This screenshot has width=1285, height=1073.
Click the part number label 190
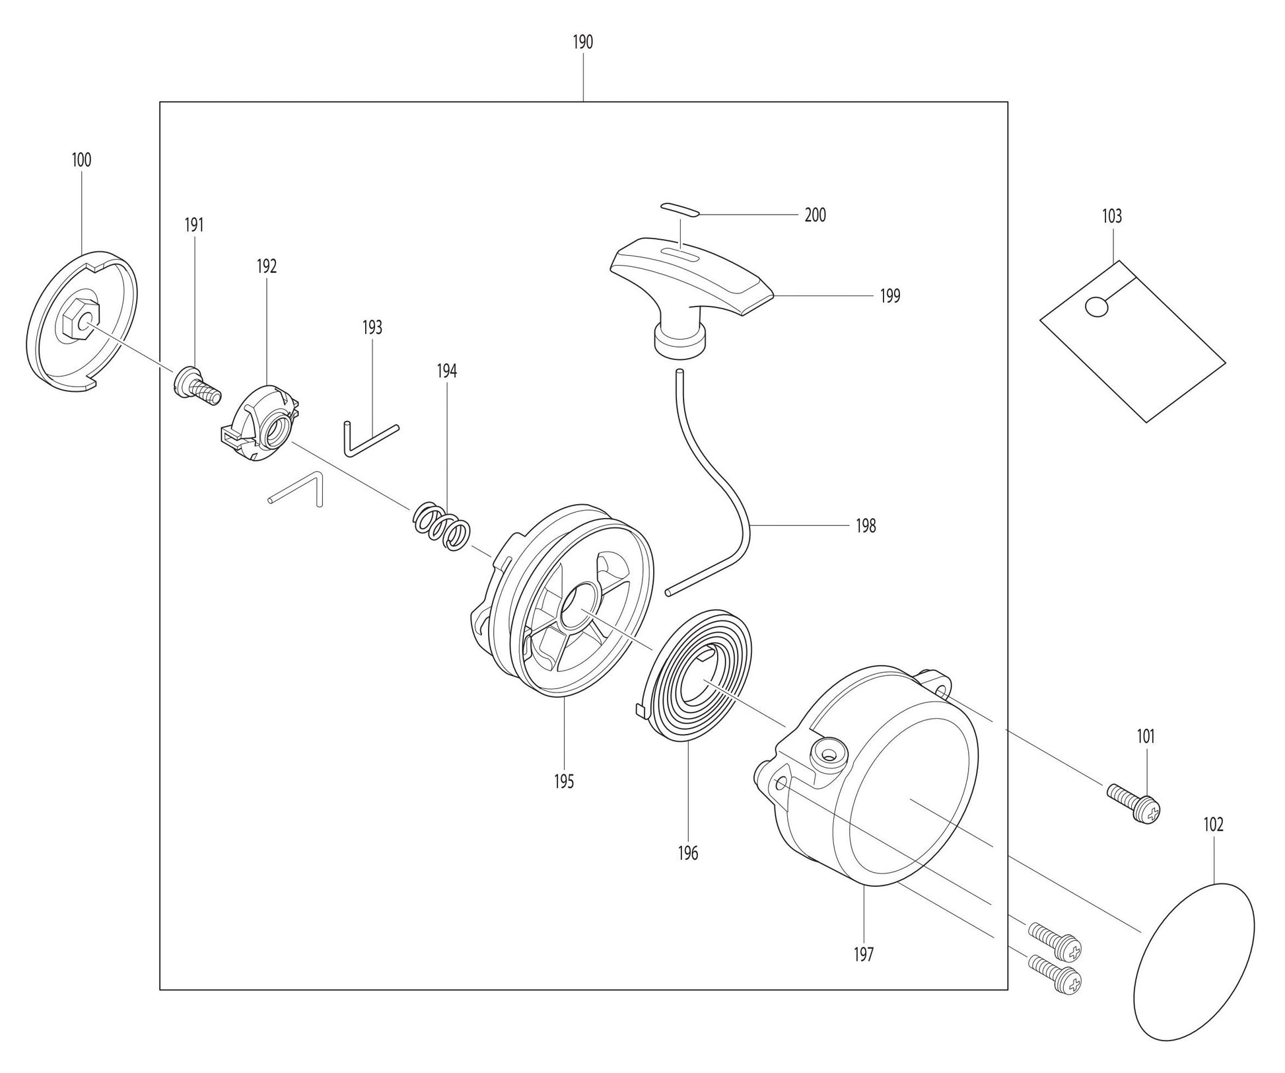coord(582,42)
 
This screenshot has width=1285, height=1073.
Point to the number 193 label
coord(372,328)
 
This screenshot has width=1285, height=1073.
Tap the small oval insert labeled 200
coord(679,209)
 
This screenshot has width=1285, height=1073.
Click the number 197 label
coord(863,954)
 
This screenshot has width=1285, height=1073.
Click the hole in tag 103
coord(1096,307)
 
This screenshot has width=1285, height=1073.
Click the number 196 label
coord(687,853)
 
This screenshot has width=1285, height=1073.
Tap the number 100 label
coord(81,160)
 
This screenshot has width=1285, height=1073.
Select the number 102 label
coord(1213,825)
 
